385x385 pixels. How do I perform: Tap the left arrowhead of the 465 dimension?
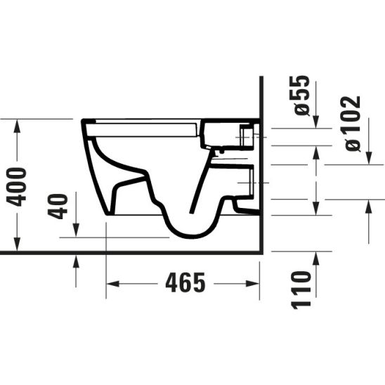point(111,283)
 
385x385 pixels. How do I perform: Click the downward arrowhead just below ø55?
point(315,124)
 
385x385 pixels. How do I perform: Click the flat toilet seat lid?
point(144,127)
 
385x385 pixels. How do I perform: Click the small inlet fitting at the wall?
point(247,135)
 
